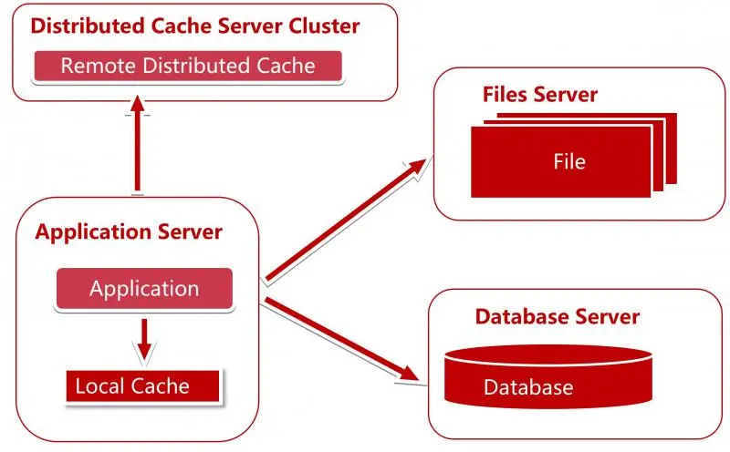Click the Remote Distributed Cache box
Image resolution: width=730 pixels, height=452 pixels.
pyautogui.click(x=187, y=66)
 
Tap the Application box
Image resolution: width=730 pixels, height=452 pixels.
pyautogui.click(x=144, y=288)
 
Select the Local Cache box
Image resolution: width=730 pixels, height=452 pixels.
pyautogui.click(x=143, y=385)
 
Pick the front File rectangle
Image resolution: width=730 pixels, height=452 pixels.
pyautogui.click(x=561, y=162)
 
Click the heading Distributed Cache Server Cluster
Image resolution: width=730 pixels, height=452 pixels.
pyautogui.click(x=194, y=26)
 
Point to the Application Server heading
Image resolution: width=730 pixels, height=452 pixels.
pyautogui.click(x=129, y=231)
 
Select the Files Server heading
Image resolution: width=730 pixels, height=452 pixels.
pyautogui.click(x=540, y=95)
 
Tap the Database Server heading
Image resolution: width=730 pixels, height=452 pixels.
pyautogui.click(x=558, y=317)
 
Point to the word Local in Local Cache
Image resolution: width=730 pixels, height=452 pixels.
pyautogui.click(x=97, y=385)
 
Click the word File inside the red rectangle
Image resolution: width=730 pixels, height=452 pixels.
pyautogui.click(x=569, y=162)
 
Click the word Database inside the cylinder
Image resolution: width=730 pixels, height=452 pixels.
pyautogui.click(x=528, y=387)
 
